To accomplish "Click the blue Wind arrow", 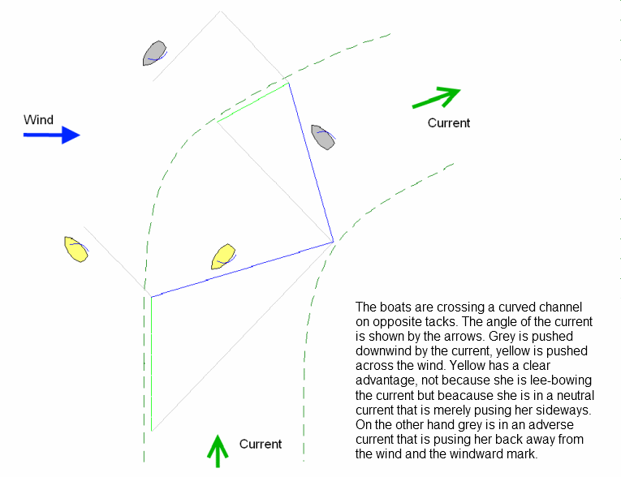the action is [x=51, y=135].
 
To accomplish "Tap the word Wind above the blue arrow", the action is [x=38, y=119].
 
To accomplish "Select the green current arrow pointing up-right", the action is [x=437, y=97].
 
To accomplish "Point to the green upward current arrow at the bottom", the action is [x=218, y=451].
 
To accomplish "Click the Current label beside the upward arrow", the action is [x=261, y=444].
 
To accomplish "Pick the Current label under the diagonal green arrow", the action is [x=449, y=122].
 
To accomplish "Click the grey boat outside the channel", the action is [x=154, y=53].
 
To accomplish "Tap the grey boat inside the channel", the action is [x=323, y=137].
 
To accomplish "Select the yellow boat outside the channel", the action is [x=76, y=249].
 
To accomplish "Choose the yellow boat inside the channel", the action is [x=223, y=256].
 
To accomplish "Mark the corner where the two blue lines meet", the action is [x=334, y=242].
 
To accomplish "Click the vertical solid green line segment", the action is [x=152, y=363].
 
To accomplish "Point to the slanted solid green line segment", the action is [x=253, y=102].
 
